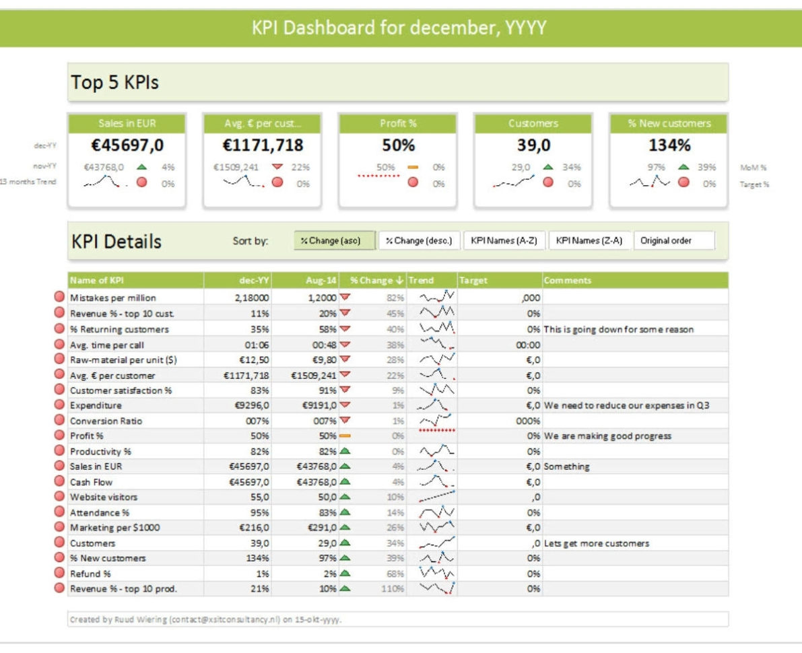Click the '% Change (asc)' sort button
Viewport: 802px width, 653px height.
(x=334, y=240)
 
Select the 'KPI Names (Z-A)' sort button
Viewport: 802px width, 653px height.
(x=589, y=240)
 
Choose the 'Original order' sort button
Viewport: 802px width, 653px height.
(x=673, y=240)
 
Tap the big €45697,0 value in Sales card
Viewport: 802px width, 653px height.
(x=127, y=145)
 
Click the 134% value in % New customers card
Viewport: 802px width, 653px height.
(x=669, y=145)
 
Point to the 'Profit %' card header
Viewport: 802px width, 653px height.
(x=398, y=123)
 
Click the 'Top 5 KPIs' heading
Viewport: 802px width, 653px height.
(x=115, y=83)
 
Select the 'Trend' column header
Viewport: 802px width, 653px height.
(x=422, y=280)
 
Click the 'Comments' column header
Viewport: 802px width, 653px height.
(x=568, y=280)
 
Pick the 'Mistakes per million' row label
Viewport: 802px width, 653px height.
(x=112, y=298)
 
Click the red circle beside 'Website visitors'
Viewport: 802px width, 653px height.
(x=59, y=497)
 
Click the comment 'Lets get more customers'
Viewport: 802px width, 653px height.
(x=597, y=543)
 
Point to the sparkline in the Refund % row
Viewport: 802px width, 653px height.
(x=437, y=573)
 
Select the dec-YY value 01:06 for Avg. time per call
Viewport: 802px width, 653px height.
(x=259, y=344)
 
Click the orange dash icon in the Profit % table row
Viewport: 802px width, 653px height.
(x=345, y=436)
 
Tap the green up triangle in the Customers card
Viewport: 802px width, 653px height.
(x=547, y=167)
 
